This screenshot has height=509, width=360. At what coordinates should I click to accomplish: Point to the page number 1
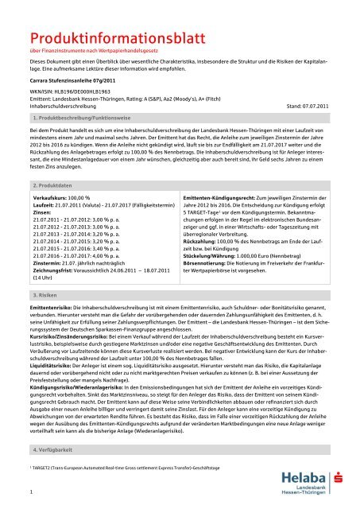[x=29, y=492]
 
